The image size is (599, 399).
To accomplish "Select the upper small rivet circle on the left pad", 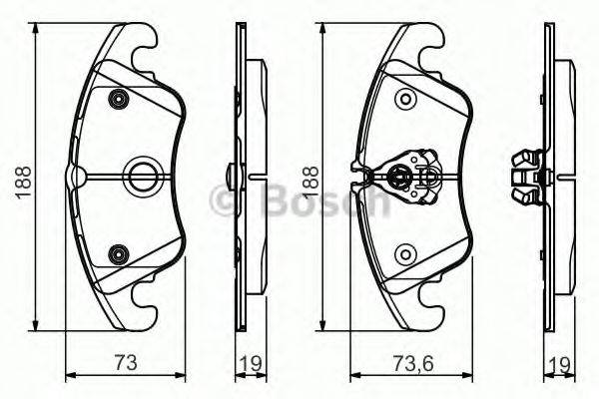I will [120, 99].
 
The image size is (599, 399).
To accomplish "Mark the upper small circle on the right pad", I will [404, 99].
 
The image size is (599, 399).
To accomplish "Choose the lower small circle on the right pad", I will [404, 255].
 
